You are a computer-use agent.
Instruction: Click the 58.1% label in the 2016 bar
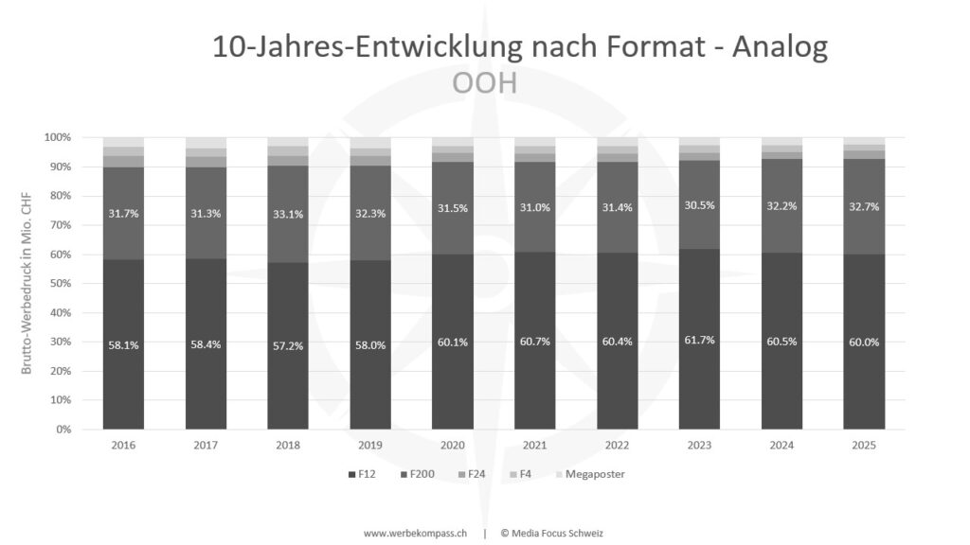pos(123,344)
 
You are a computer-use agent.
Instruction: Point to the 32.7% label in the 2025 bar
pos(864,206)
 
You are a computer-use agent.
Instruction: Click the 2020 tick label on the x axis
pos(453,445)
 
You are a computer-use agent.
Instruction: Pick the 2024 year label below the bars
pos(781,445)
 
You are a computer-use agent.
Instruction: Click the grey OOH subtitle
pos(484,83)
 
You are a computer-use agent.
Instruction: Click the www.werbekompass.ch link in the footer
pos(414,533)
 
